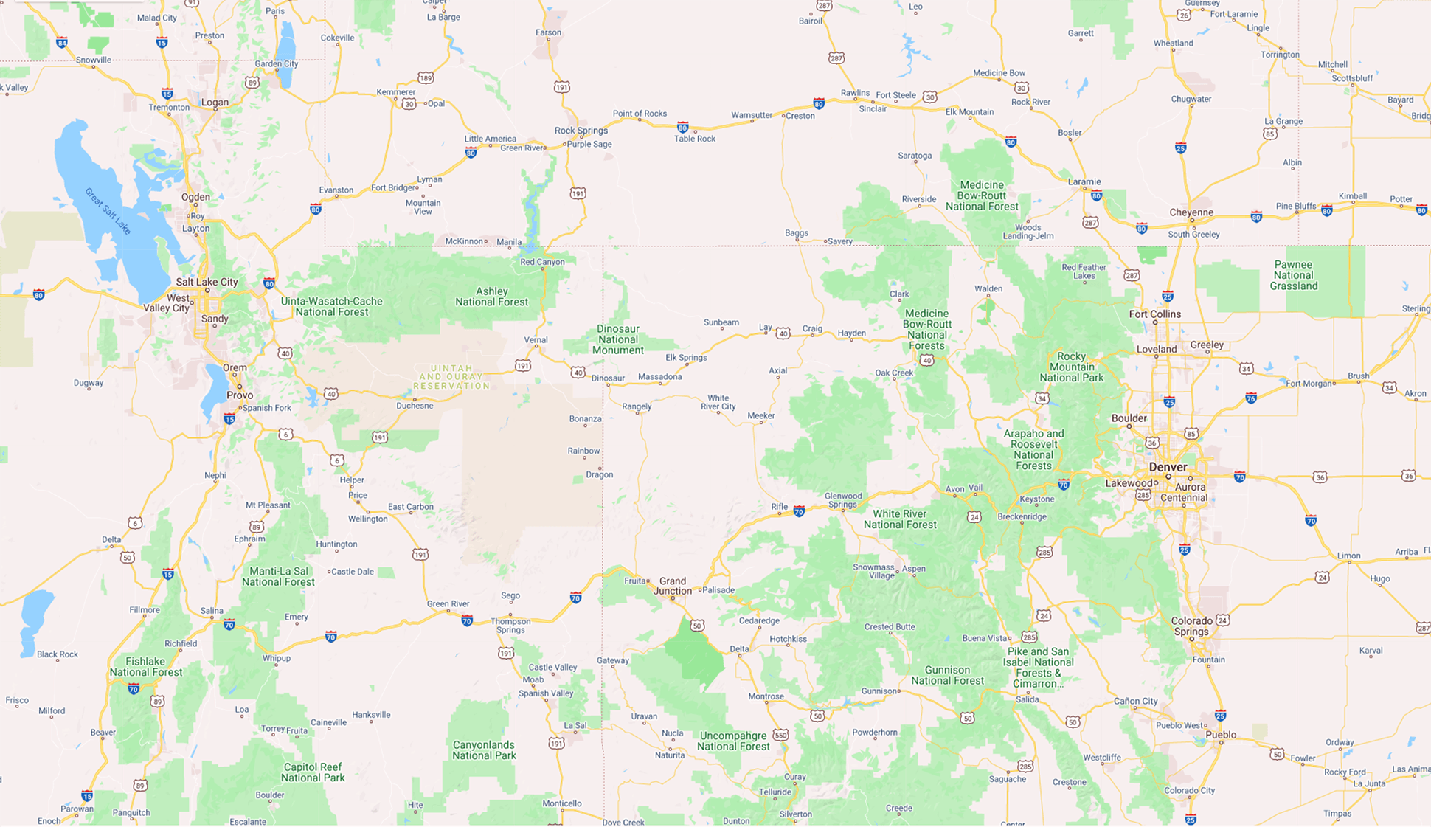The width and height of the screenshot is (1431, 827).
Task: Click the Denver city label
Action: tap(1168, 467)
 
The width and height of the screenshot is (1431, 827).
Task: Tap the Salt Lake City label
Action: tap(207, 282)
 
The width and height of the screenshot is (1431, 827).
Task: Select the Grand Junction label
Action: tap(672, 586)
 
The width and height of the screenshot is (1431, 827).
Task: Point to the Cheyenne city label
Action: tap(1191, 212)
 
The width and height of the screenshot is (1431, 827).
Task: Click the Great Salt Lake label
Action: tap(108, 211)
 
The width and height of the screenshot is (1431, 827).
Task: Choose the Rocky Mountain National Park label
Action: tap(1072, 367)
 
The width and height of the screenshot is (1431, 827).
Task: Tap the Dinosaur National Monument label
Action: tap(618, 339)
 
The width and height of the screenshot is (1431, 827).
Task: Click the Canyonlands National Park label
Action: tap(484, 750)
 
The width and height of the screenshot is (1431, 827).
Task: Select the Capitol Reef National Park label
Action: tap(313, 772)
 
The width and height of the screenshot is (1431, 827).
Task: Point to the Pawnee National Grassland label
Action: tap(1293, 275)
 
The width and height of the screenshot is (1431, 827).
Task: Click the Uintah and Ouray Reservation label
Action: tap(451, 377)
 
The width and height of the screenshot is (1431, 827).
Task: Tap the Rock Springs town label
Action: tap(581, 131)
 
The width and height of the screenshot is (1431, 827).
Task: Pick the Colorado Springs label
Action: tap(1191, 626)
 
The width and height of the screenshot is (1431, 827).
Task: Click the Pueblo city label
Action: tap(1221, 735)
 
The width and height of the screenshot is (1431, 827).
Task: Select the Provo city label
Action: tap(240, 395)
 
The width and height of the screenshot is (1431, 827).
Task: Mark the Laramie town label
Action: tap(1084, 181)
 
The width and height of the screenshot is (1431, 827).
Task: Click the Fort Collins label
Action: tap(1155, 314)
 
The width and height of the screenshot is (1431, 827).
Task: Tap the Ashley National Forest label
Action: tap(491, 297)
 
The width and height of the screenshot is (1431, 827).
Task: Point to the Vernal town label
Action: tap(536, 340)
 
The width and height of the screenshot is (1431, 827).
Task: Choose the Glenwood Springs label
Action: tap(842, 500)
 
